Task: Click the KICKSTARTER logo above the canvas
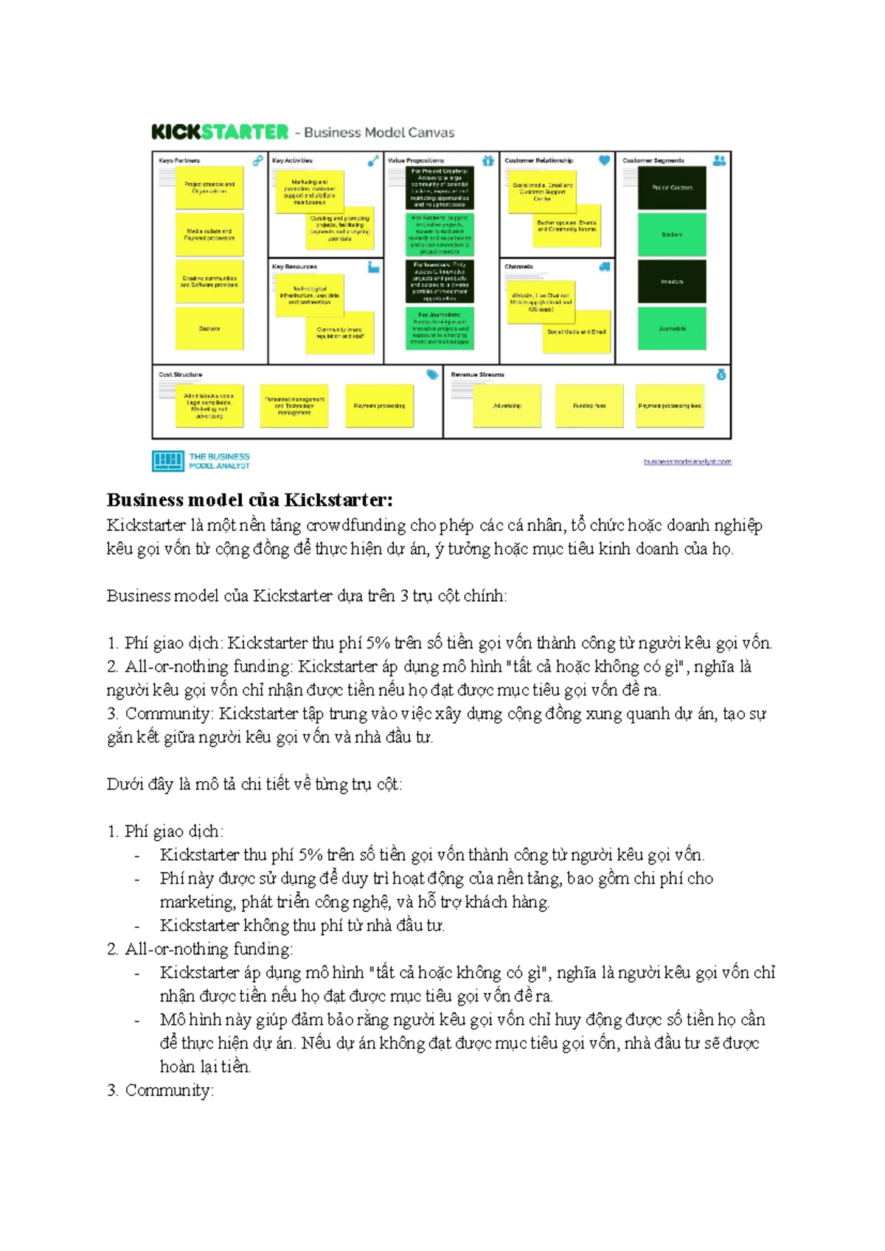[x=220, y=132]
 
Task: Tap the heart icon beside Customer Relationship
[x=604, y=160]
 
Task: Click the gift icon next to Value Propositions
[x=488, y=160]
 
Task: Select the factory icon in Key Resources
[x=374, y=267]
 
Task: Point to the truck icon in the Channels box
[x=605, y=267]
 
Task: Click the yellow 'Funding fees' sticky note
[x=589, y=406]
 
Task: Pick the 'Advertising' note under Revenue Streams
[x=507, y=406]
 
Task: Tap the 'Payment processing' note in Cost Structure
[x=379, y=406]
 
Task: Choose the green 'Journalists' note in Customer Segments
[x=672, y=328]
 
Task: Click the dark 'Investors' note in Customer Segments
[x=672, y=281]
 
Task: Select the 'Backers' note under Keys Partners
[x=209, y=328]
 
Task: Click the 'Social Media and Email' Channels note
[x=576, y=333]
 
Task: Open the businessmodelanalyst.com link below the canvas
[x=687, y=462]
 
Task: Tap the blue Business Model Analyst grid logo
[x=167, y=461]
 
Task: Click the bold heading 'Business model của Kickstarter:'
[x=250, y=500]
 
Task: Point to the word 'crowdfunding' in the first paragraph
[x=356, y=525]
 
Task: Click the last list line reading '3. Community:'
[x=160, y=1090]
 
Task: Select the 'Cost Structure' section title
[x=181, y=375]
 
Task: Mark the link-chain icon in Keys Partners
[x=257, y=160]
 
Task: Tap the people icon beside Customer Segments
[x=719, y=160]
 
